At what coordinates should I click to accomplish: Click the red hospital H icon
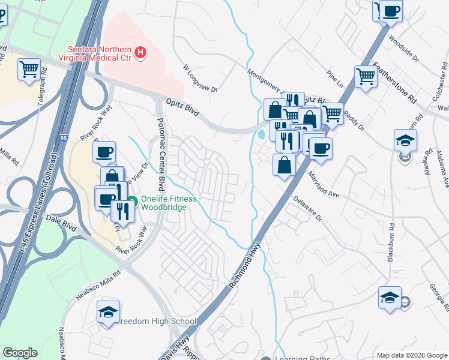tap(140, 53)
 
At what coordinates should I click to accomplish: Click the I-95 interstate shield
tap(64, 137)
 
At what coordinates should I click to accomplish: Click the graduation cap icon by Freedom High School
tap(109, 311)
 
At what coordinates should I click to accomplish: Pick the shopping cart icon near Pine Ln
tap(366, 76)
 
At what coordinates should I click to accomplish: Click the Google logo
tap(20, 353)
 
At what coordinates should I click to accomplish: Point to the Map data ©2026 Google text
tap(411, 355)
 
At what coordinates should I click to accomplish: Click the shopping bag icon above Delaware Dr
tap(284, 164)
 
